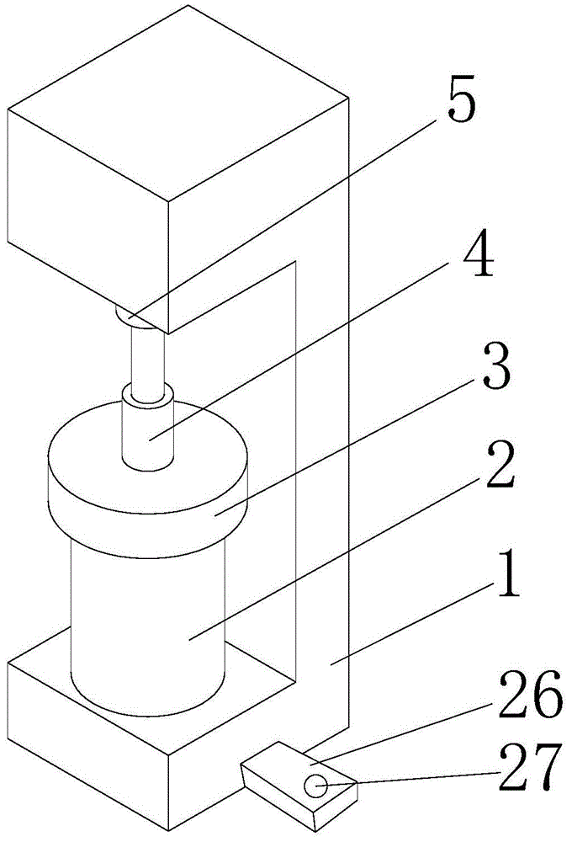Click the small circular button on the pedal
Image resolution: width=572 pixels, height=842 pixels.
[315, 786]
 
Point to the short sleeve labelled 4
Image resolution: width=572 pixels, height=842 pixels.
[149, 425]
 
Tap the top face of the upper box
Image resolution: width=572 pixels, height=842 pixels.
[177, 101]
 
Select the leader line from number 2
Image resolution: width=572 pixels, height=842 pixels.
[336, 560]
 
